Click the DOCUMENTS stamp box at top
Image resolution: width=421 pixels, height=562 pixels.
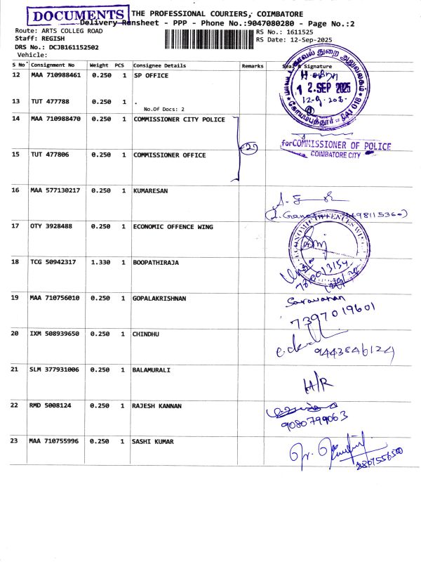[x=76, y=15]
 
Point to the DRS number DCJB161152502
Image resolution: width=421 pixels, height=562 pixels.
[x=73, y=47]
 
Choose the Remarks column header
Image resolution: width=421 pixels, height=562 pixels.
[x=252, y=65]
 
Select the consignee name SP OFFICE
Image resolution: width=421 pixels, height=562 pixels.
[x=151, y=75]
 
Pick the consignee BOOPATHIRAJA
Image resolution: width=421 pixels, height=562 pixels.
[x=156, y=262]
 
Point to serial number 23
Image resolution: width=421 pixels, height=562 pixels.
[x=16, y=441]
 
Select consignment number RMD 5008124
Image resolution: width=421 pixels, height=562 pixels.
[x=53, y=405]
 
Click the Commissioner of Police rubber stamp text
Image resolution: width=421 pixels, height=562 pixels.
[x=335, y=145]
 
